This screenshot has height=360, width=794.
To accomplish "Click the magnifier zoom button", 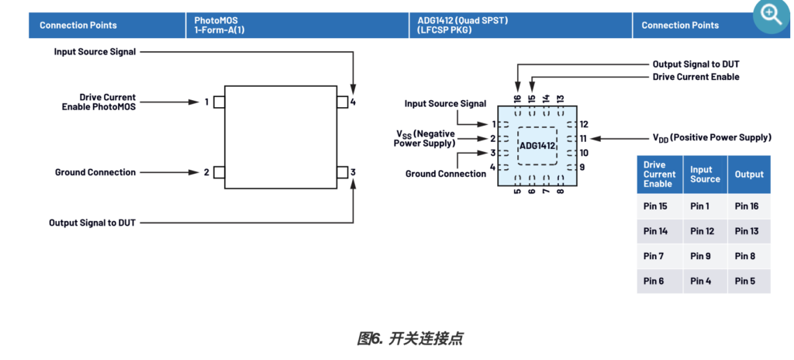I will point(772,15).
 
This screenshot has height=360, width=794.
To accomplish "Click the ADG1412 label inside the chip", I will point(537,146).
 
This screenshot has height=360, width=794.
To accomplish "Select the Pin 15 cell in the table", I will point(656,206).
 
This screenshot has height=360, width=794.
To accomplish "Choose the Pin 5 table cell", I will point(745,281).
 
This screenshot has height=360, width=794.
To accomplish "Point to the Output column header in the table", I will point(749,175).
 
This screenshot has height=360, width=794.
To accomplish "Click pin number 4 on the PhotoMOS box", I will point(353,102).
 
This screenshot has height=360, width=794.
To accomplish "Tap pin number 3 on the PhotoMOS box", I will point(353,172).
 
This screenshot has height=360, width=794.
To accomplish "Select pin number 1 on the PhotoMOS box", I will point(207,102).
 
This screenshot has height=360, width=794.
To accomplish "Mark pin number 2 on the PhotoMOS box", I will point(207,172).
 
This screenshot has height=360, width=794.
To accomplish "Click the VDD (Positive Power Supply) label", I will point(711,138).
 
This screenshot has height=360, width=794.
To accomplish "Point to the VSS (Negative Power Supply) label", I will point(424,138).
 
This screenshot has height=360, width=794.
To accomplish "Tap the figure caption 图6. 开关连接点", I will point(409,338).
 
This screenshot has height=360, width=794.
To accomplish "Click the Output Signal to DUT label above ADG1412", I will point(701,64).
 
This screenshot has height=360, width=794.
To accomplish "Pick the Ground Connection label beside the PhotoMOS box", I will point(95,172).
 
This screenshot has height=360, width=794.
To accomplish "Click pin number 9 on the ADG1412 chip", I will point(582,168).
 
